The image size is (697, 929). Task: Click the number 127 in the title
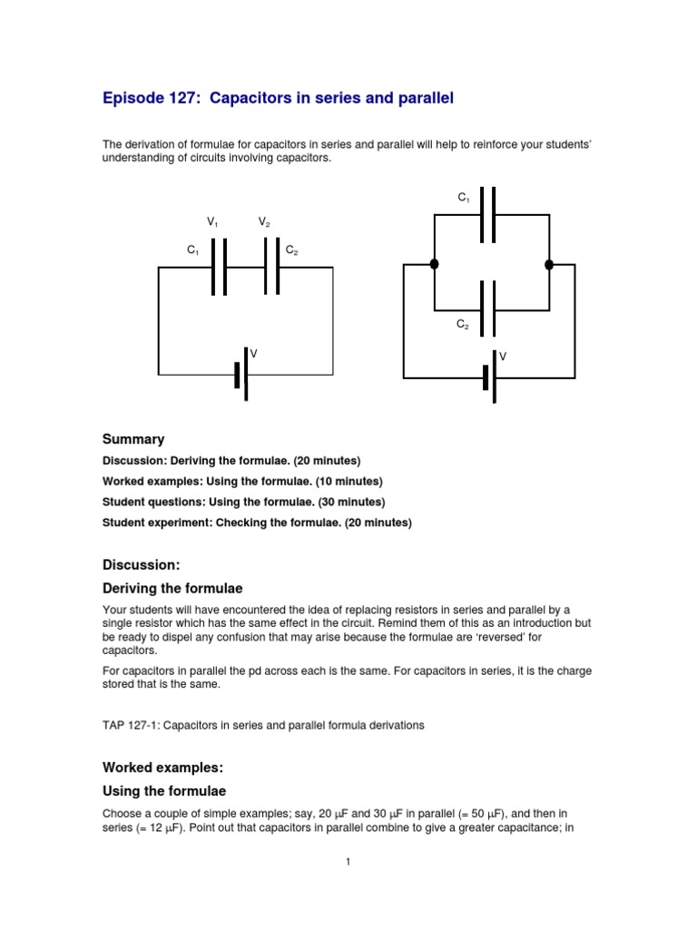[182, 98]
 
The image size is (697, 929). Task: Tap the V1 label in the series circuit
[213, 222]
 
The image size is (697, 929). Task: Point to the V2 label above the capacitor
[264, 222]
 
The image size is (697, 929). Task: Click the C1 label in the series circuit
[192, 249]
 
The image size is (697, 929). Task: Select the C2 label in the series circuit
[291, 249]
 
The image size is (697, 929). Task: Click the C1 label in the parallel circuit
[463, 197]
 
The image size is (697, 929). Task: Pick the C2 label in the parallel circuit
[463, 323]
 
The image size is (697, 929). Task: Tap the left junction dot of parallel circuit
[435, 264]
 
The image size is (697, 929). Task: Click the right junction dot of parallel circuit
[549, 264]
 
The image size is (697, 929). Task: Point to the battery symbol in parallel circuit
[490, 376]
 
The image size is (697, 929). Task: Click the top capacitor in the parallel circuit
[488, 215]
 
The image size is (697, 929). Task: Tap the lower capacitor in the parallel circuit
[488, 309]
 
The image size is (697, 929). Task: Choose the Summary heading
[133, 439]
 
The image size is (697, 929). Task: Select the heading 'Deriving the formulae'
[172, 589]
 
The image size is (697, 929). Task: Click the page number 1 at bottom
[348, 863]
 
